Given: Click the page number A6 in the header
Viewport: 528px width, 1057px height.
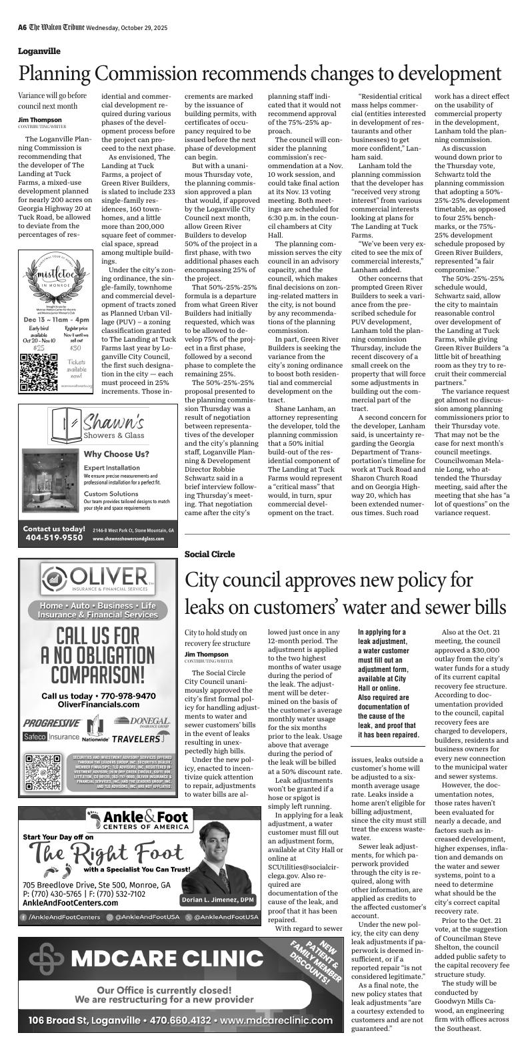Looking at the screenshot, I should coord(22,27).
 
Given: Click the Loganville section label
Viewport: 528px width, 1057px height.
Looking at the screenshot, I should coord(39,51).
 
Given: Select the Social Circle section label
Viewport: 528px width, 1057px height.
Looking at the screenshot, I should coord(209,553).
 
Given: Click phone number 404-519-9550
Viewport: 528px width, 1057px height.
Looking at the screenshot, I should coord(54,537).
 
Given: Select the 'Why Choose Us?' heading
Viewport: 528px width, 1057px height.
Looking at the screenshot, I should coord(116,454).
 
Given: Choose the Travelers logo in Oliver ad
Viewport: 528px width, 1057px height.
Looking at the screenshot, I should coord(137,739).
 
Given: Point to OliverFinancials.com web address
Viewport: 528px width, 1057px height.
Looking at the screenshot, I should coord(99,705).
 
